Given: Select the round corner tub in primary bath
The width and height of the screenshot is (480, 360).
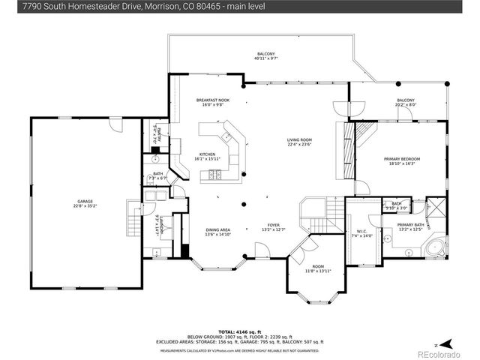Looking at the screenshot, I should click(433, 248).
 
